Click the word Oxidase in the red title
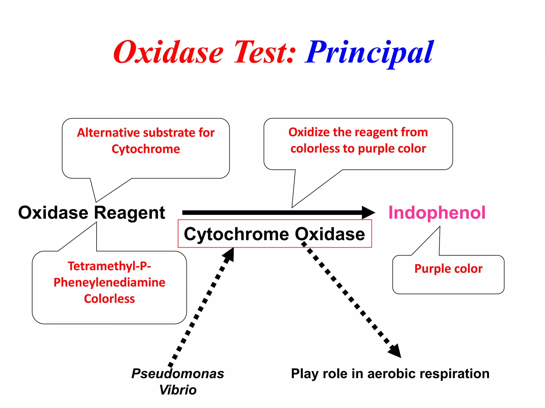click(168, 53)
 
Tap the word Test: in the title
click(265, 53)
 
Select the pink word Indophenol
click(437, 213)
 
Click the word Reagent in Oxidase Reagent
click(130, 213)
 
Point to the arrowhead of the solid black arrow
click(369, 212)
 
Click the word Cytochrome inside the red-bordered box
click(236, 234)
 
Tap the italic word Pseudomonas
click(178, 373)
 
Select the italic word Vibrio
click(178, 390)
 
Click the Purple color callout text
click(448, 269)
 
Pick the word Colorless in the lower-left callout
click(109, 299)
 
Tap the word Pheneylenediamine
click(109, 282)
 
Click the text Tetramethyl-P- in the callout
click(109, 266)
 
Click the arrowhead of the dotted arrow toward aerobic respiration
click(395, 351)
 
